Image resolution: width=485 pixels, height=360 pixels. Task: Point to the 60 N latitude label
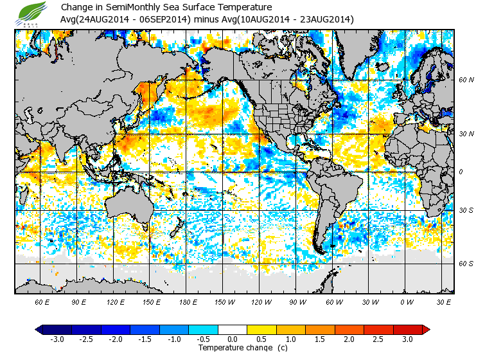tap(466, 80)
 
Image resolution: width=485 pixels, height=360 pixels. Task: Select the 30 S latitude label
tap(466, 211)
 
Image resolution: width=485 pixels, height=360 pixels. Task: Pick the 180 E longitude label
tap(188, 301)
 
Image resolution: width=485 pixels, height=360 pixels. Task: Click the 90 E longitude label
tap(79, 301)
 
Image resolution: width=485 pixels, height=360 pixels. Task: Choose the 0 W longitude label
tap(406, 301)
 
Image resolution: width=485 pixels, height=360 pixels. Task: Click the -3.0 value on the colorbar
tap(57, 339)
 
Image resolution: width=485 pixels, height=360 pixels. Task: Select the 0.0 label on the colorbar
tap(233, 339)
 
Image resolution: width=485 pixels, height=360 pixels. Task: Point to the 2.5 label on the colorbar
tap(378, 339)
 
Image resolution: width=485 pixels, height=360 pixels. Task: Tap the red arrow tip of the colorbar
tap(425, 330)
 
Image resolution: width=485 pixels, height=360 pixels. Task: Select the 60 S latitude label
tap(466, 264)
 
